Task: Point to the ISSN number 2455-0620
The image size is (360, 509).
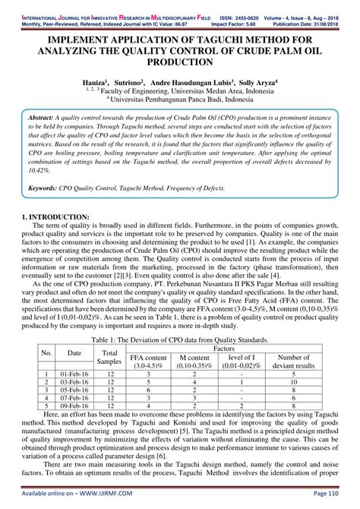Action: (x=246, y=5)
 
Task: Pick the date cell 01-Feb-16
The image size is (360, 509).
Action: (x=74, y=375)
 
